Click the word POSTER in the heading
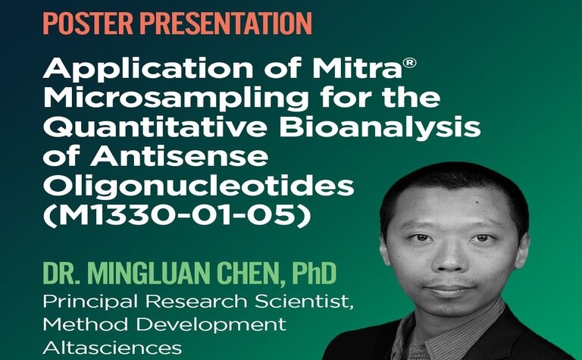88,23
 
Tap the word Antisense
179,156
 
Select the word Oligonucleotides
199,185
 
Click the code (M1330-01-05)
177,215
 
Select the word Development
211,325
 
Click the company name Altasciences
112,348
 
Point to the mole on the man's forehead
473,202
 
